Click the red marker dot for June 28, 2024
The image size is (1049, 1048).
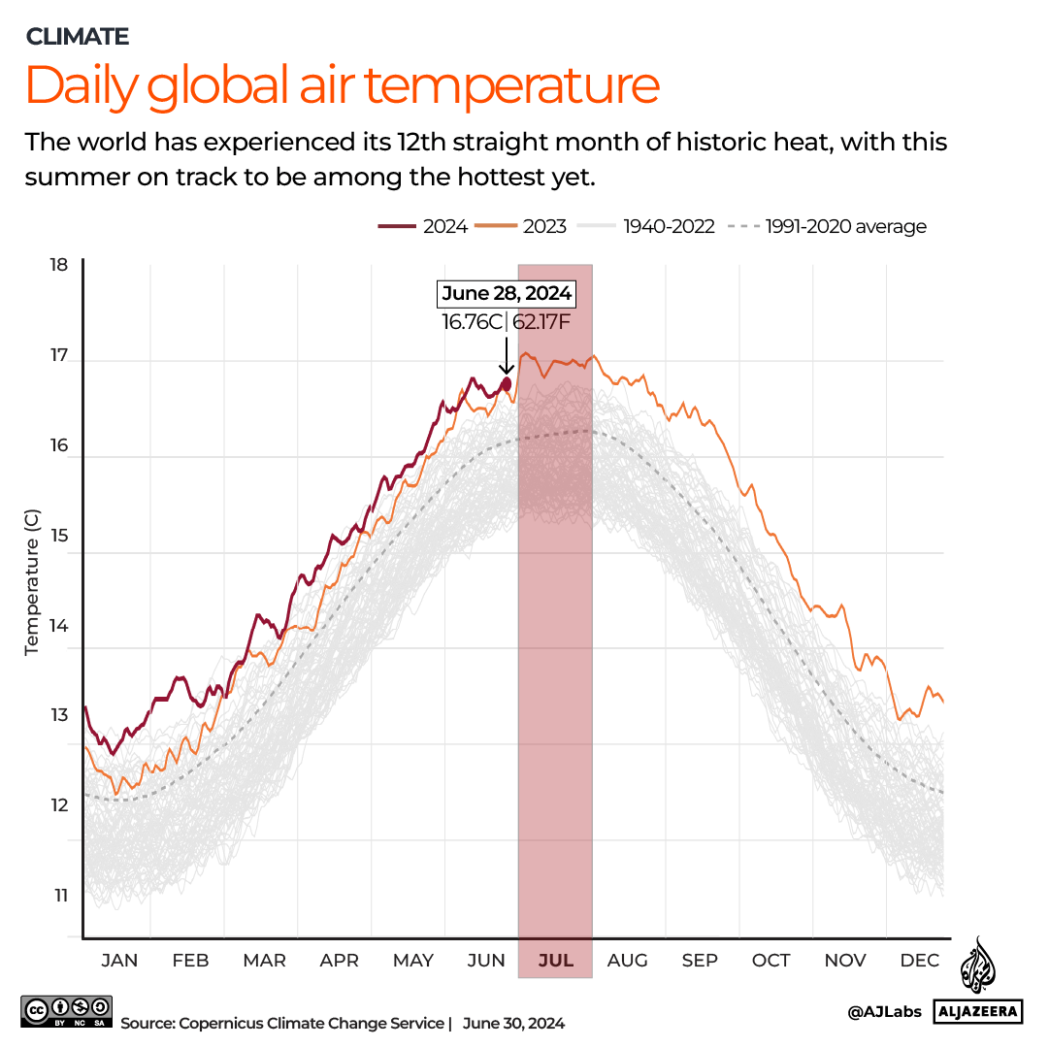coord(506,383)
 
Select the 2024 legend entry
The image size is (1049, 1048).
coord(423,227)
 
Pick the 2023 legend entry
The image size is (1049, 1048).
coord(524,227)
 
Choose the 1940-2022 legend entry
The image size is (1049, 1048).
coord(646,227)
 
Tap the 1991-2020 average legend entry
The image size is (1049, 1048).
coord(831,227)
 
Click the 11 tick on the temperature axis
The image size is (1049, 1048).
coord(60,896)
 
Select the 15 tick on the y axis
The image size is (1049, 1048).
coord(60,536)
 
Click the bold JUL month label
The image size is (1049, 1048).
coord(555,961)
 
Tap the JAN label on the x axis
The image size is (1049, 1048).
coord(119,961)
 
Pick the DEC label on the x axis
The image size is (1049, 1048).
coord(919,961)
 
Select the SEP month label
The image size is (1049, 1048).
coord(699,961)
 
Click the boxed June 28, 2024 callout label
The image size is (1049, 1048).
coord(507,293)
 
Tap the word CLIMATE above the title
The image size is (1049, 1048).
coord(78,37)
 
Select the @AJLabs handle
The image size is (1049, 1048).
coord(884,1012)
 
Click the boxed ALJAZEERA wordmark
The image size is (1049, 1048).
coord(978,1012)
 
